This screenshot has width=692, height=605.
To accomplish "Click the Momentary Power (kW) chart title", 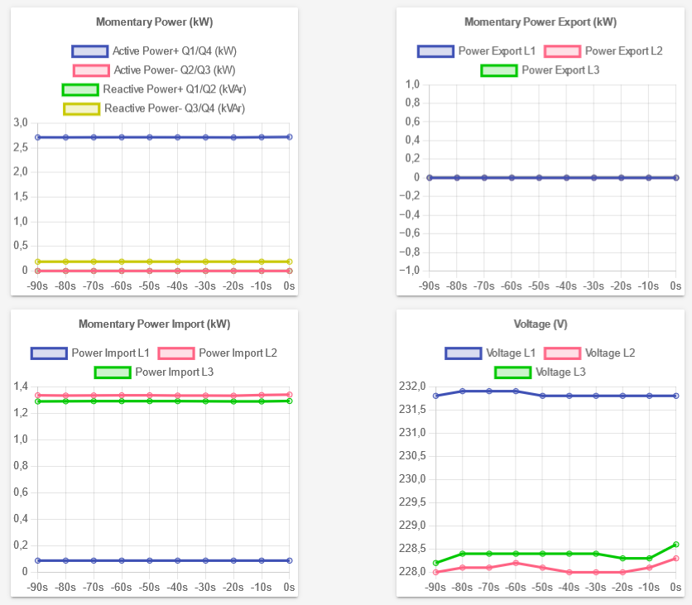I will (x=154, y=22).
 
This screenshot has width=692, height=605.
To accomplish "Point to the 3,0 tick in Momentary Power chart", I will (x=21, y=122).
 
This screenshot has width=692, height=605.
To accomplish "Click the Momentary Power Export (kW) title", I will (x=540, y=22).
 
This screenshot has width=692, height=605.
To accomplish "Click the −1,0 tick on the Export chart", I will (x=410, y=271).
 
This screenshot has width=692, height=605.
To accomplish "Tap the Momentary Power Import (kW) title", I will (x=154, y=324).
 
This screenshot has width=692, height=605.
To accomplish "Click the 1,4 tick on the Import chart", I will (x=21, y=387).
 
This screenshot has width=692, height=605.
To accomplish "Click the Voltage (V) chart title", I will (x=540, y=324).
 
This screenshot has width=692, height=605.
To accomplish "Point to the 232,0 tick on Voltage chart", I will (x=411, y=387).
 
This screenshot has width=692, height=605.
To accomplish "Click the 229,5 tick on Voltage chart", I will (x=411, y=502).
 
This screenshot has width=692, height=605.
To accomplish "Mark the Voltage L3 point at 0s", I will (x=676, y=544).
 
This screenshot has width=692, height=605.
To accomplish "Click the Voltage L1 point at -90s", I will (x=435, y=396).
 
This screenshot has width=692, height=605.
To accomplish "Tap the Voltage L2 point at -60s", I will (x=516, y=563).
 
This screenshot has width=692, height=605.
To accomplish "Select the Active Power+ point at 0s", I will (x=290, y=137).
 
